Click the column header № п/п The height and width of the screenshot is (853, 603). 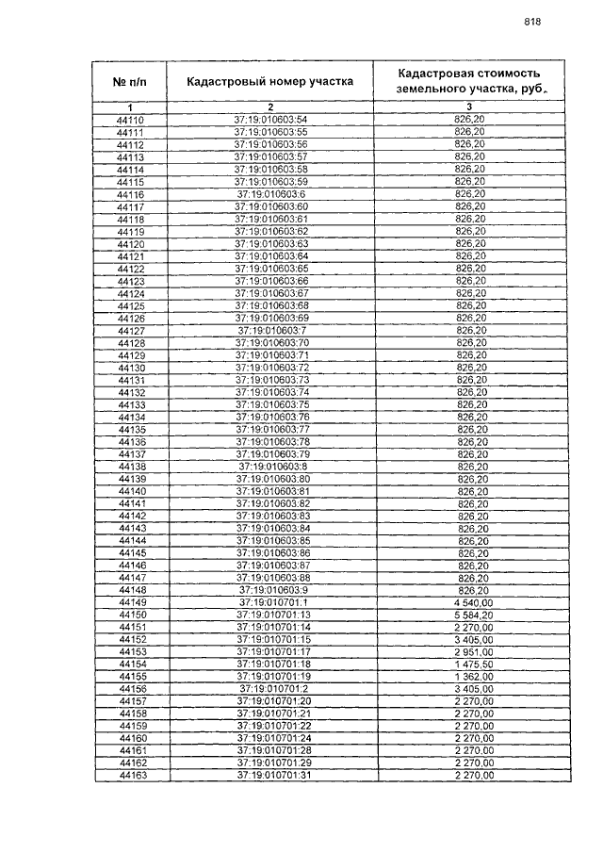tap(130, 81)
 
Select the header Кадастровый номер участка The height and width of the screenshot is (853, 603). tap(270, 81)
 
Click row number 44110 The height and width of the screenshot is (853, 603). tap(130, 121)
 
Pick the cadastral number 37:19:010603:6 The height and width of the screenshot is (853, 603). tap(271, 194)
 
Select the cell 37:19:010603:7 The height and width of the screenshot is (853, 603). tap(271, 331)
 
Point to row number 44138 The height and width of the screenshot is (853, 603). tap(130, 467)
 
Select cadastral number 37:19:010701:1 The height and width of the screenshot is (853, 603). tap(271, 602)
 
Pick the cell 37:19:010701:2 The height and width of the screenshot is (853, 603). tap(271, 689)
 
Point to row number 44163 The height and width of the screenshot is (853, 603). tap(130, 776)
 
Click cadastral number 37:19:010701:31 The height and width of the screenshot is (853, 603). tap(271, 776)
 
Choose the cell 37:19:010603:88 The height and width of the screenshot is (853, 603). tap(271, 578)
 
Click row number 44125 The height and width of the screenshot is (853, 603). tap(130, 306)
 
